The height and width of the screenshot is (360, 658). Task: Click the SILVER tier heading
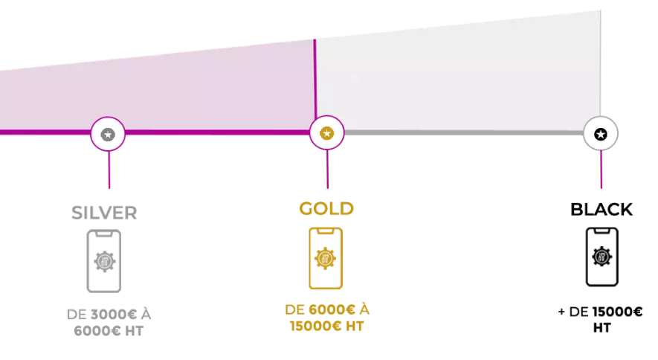(104, 213)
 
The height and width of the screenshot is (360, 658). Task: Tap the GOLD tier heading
(326, 208)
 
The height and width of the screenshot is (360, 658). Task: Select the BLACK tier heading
(601, 210)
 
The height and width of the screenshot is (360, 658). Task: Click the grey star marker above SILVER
(108, 135)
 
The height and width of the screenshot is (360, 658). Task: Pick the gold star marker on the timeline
(327, 133)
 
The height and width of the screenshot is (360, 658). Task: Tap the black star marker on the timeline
(601, 135)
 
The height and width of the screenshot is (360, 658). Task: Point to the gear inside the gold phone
(325, 258)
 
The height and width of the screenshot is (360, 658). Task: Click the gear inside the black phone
(601, 257)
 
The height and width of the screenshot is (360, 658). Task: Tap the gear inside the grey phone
(105, 261)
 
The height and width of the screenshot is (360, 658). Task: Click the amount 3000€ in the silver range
(114, 315)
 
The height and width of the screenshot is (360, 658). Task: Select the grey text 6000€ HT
(109, 331)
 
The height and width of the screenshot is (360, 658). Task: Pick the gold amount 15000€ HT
(326, 326)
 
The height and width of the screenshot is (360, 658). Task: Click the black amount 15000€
(617, 312)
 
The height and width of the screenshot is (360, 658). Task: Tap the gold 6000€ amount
(332, 309)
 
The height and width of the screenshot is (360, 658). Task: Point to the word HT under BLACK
(601, 328)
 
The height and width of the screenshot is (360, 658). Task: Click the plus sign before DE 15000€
(561, 312)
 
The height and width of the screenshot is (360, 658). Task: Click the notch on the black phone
(601, 231)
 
